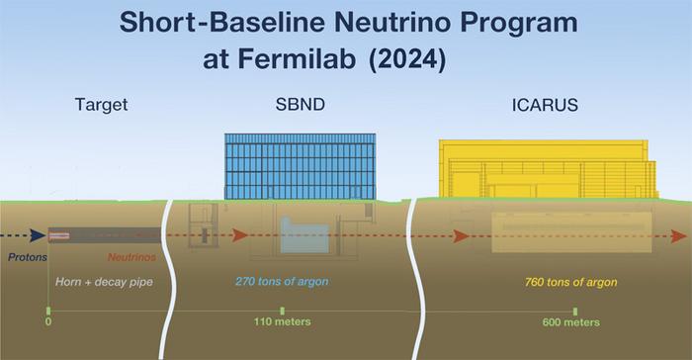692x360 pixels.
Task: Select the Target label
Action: pyautogui.click(x=102, y=104)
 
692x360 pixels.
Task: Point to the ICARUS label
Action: pyautogui.click(x=548, y=104)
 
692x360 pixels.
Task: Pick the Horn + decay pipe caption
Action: pyautogui.click(x=102, y=282)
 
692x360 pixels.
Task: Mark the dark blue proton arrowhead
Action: pyautogui.click(x=37, y=235)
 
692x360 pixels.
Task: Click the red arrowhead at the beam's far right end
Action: pyautogui.click(x=678, y=236)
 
